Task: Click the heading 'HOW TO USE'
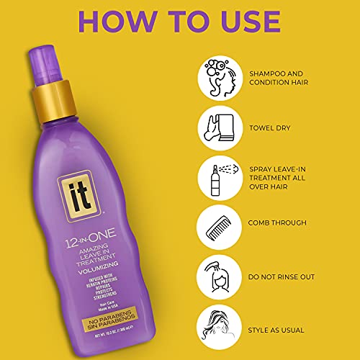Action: tap(180, 23)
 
